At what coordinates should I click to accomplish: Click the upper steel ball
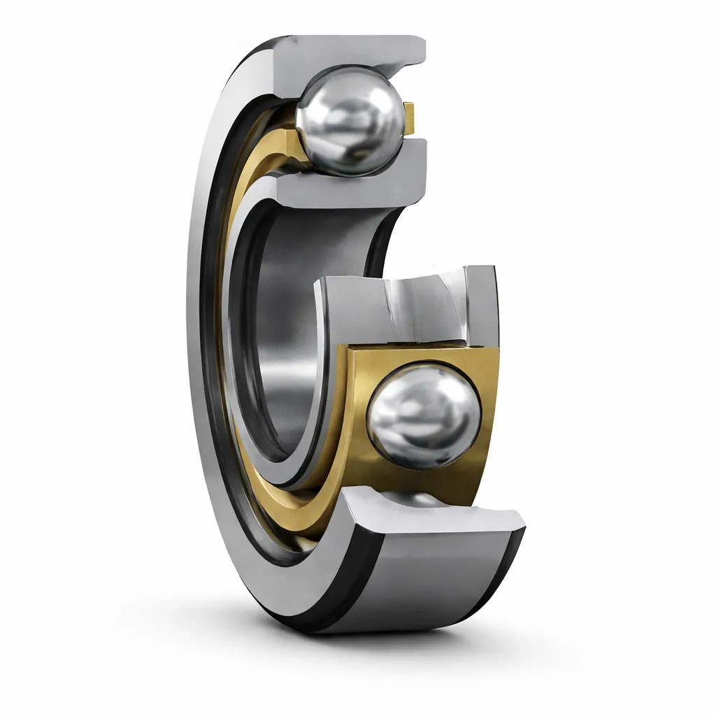pos(350,120)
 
